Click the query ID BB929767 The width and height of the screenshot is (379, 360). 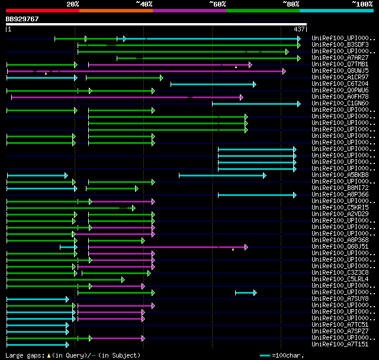(23, 19)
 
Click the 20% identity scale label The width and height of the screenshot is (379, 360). (73, 4)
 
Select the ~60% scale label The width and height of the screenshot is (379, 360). (217, 4)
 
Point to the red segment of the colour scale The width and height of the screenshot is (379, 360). (42, 10)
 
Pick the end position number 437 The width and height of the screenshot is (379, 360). (299, 29)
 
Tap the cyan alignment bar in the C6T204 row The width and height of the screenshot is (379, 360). (213, 84)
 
